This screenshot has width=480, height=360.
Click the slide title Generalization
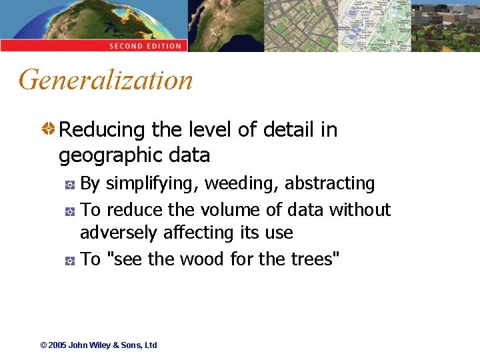coord(106,81)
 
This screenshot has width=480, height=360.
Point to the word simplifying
coord(152,183)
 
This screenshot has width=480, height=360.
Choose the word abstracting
coord(330,183)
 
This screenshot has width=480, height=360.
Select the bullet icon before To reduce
coord(70,211)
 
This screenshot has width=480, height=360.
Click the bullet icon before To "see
coord(70,260)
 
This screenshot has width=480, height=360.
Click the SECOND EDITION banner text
coord(145,46)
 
